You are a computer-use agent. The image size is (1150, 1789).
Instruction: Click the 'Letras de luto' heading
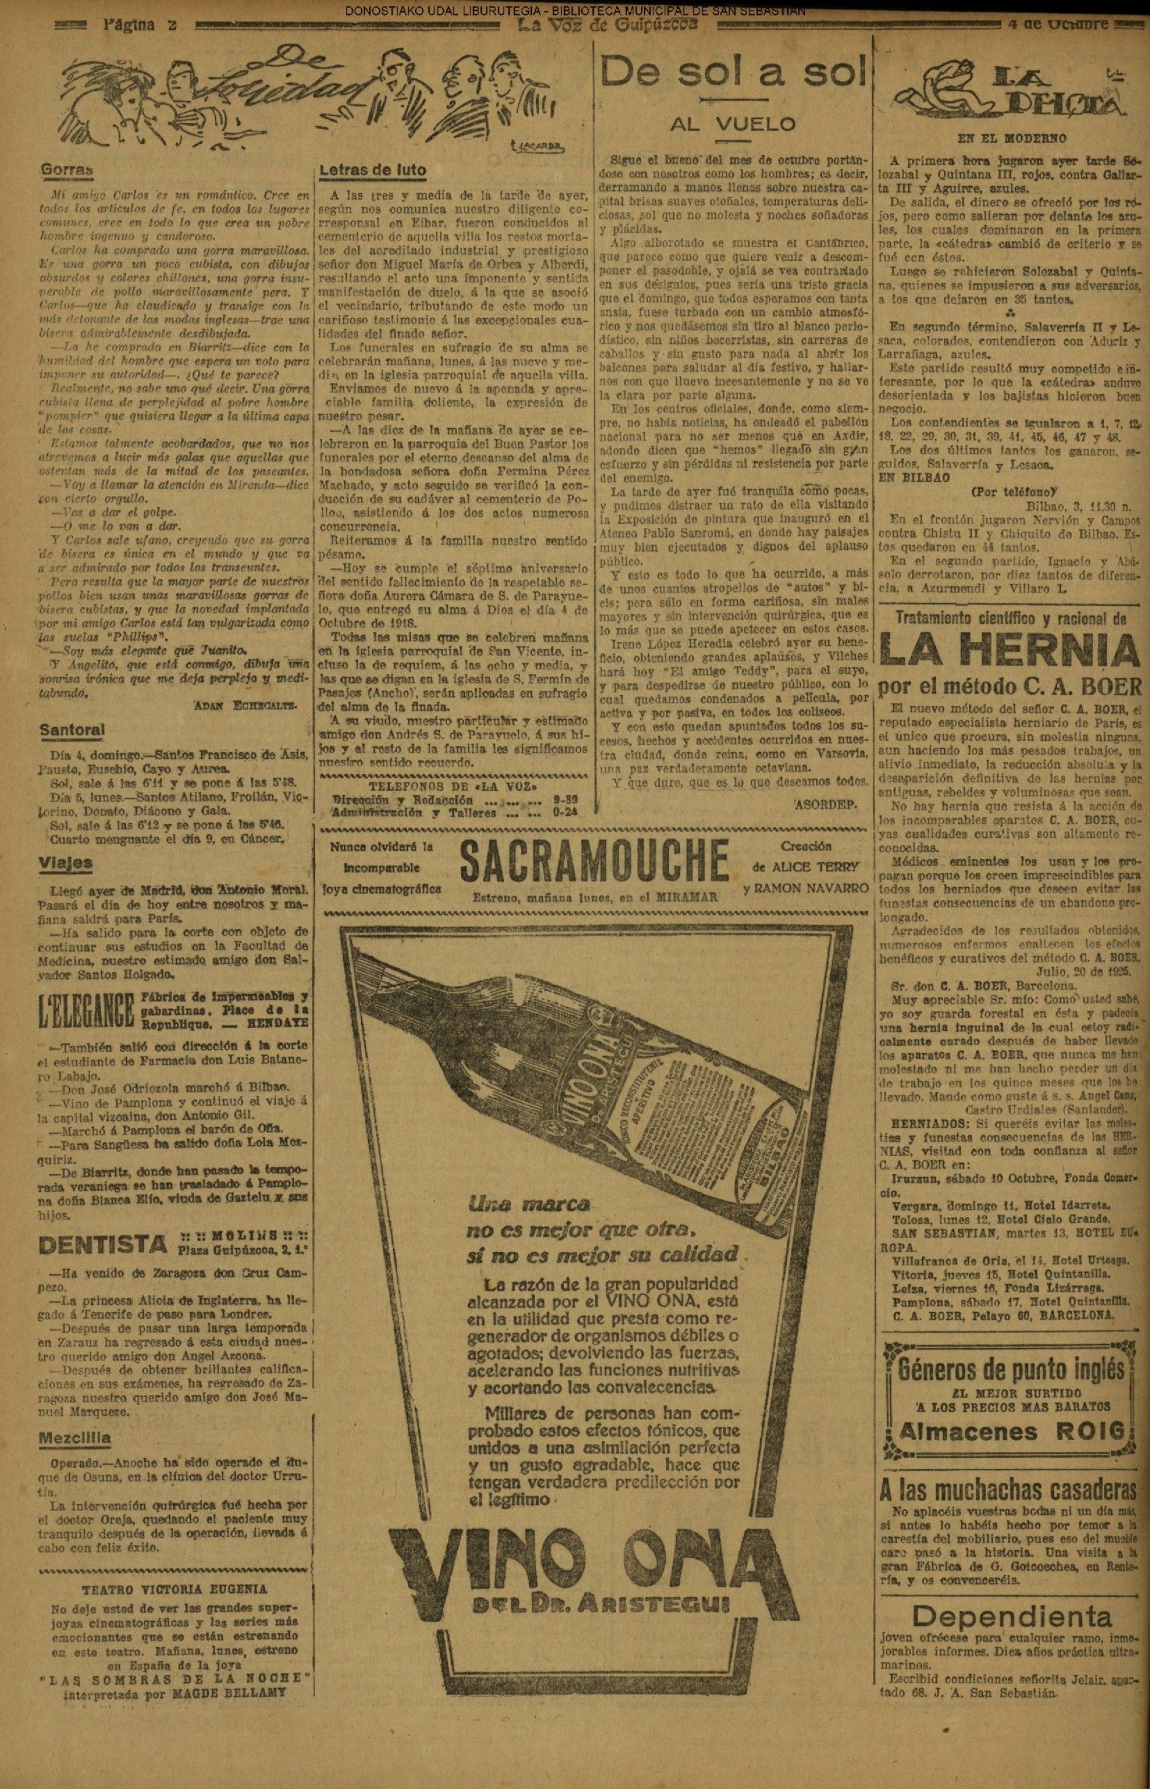[x=373, y=170]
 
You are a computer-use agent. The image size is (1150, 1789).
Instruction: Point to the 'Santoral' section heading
[x=72, y=730]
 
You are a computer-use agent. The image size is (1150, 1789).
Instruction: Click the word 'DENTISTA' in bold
[x=102, y=1244]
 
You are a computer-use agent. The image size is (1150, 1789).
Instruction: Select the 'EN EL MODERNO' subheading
[x=1012, y=138]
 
